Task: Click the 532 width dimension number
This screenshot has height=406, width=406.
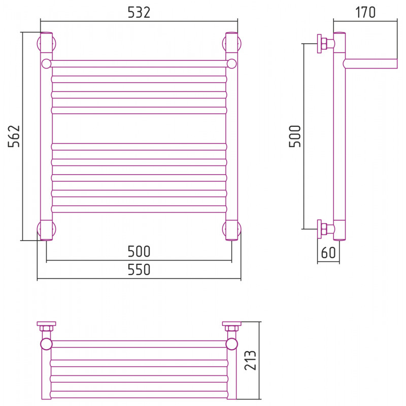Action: click(139, 12)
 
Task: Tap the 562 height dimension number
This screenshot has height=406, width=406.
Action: click(14, 136)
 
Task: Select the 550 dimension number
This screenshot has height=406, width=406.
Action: click(139, 269)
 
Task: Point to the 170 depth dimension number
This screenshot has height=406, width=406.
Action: click(365, 12)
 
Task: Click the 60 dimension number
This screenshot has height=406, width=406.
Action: click(328, 252)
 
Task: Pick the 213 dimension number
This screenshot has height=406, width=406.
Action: click(250, 360)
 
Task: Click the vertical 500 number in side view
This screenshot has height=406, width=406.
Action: click(295, 136)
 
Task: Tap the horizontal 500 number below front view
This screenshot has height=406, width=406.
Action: click(139, 251)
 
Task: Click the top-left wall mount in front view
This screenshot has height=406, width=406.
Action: click(46, 44)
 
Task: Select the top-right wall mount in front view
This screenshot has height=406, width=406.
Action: click(232, 44)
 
